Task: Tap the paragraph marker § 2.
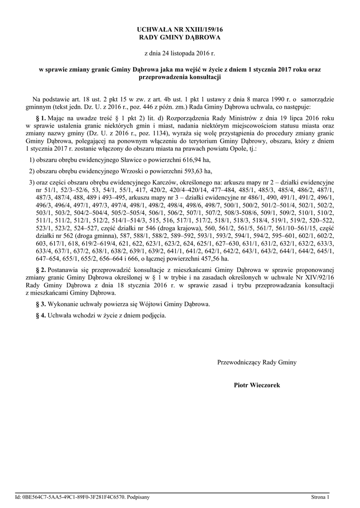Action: point(40,269)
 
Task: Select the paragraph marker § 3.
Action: point(40,304)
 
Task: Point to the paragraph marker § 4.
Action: point(40,315)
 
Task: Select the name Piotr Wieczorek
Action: point(257,384)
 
